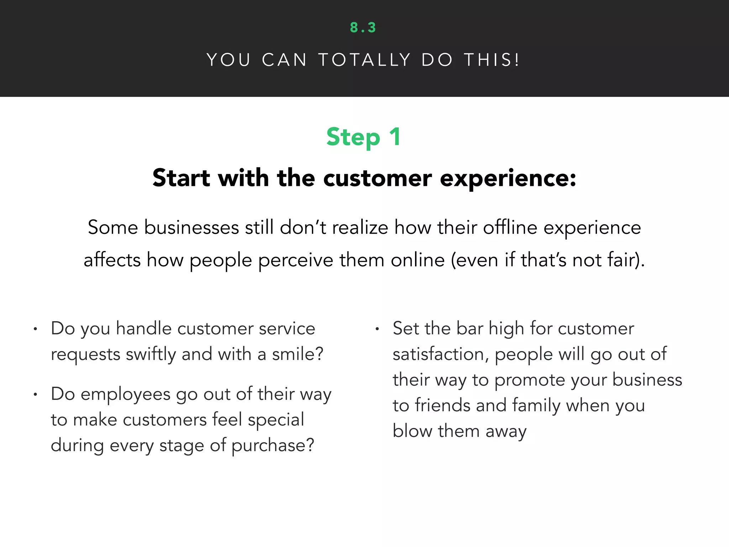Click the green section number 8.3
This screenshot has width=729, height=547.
point(363,28)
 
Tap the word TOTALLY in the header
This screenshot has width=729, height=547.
point(364,60)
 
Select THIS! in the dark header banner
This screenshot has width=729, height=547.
point(492,60)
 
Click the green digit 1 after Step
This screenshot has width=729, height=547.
point(395,137)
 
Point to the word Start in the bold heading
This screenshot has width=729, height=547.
point(181,178)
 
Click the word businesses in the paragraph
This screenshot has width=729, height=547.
point(191,228)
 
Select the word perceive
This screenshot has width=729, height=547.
point(295,260)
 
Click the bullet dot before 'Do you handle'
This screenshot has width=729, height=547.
point(35,329)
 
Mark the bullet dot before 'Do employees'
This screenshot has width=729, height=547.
point(35,395)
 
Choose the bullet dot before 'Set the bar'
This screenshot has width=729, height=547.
point(377,329)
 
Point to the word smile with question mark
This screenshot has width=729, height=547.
point(298,354)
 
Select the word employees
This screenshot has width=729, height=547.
point(126,395)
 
